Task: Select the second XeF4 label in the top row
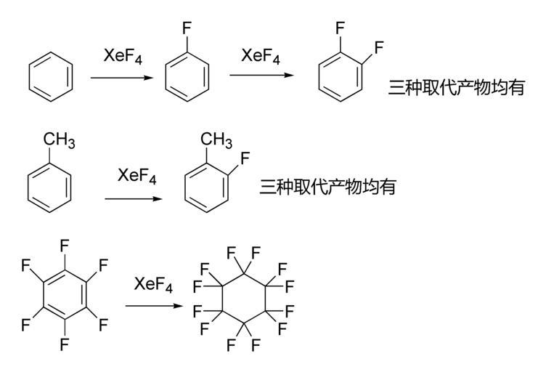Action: click(258, 56)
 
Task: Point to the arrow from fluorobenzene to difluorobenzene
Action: click(259, 75)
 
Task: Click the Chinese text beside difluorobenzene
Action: click(455, 89)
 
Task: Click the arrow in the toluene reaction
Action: click(134, 198)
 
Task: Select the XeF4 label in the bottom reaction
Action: click(153, 286)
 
